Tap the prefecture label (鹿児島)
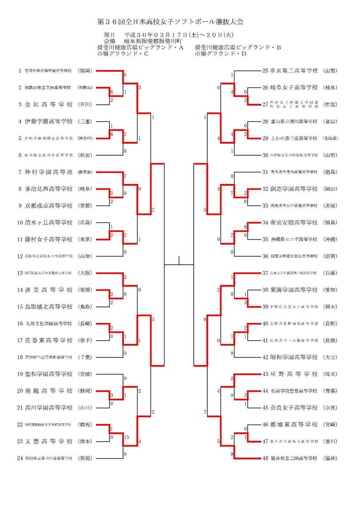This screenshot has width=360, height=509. tap(85, 172)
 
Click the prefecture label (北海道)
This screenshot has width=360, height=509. tap(330, 138)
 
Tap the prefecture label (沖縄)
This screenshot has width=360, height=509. tap(330, 239)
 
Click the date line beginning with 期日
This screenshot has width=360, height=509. tap(168, 35)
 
